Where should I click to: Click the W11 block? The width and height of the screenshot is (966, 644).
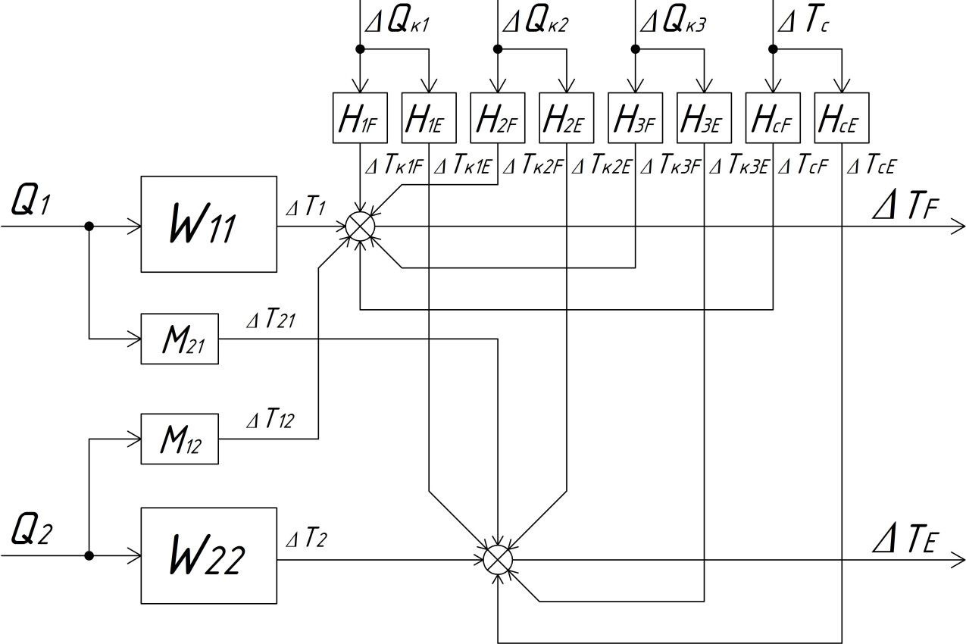(x=208, y=224)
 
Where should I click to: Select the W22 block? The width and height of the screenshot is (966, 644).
(x=208, y=555)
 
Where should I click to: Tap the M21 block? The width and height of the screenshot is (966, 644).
(x=180, y=338)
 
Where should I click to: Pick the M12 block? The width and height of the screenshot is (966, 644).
(x=180, y=439)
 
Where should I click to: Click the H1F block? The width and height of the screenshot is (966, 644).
(x=360, y=117)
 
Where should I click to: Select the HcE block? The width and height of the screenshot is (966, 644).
(x=842, y=117)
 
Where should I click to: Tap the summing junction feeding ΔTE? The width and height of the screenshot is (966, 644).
(x=498, y=559)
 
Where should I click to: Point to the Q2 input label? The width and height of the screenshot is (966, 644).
(x=31, y=532)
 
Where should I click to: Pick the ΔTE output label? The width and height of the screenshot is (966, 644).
(x=906, y=540)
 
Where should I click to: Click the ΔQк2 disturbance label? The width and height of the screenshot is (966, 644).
(x=535, y=23)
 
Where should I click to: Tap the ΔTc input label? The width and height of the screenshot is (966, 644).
(x=802, y=23)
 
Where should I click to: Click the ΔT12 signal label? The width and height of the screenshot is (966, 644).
(x=270, y=420)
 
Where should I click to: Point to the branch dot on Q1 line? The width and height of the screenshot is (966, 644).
(x=89, y=226)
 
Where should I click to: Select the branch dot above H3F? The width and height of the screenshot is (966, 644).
(x=636, y=49)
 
